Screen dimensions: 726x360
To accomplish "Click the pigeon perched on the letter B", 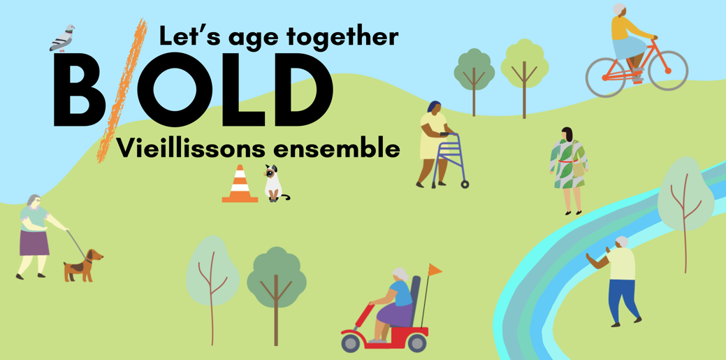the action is pyautogui.click(x=62, y=38).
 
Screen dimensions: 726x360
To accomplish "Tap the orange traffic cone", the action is pyautogui.click(x=240, y=185).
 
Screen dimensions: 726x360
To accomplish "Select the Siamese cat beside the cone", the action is pyautogui.click(x=275, y=184).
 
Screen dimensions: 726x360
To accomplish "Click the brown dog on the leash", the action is pyautogui.click(x=83, y=265).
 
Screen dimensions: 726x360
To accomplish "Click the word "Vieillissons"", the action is pyautogui.click(x=190, y=148).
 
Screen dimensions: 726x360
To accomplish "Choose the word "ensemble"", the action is pyautogui.click(x=335, y=148).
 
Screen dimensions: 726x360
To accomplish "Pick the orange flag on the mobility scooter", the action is pyautogui.click(x=435, y=269).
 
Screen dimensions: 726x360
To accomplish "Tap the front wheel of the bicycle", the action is pyautogui.click(x=668, y=71).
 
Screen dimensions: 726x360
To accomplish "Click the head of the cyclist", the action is pyautogui.click(x=618, y=10).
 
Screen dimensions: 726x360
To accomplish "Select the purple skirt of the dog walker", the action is pyautogui.click(x=34, y=243).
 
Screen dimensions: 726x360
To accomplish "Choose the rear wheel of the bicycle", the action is pyautogui.click(x=606, y=77).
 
